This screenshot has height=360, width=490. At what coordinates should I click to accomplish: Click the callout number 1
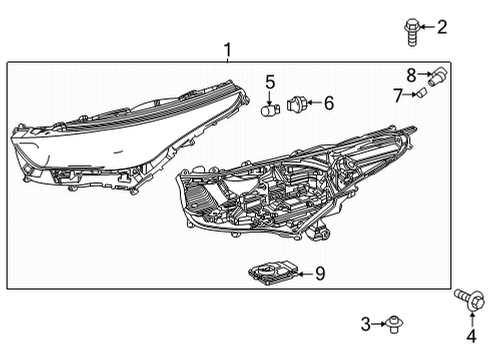(227, 49)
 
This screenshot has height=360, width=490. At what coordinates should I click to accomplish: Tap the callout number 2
(443, 26)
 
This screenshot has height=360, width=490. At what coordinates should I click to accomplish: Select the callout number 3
(366, 323)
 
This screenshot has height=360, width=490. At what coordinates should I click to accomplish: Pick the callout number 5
(270, 80)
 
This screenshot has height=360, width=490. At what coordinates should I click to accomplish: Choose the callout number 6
(328, 101)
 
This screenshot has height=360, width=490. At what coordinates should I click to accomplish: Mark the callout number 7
(397, 95)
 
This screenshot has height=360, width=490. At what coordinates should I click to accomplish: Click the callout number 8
(411, 74)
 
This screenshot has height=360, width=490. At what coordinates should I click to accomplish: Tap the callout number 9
(320, 273)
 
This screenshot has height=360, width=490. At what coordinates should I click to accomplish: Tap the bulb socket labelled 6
(295, 102)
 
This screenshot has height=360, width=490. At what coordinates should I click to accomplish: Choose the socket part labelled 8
(435, 73)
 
